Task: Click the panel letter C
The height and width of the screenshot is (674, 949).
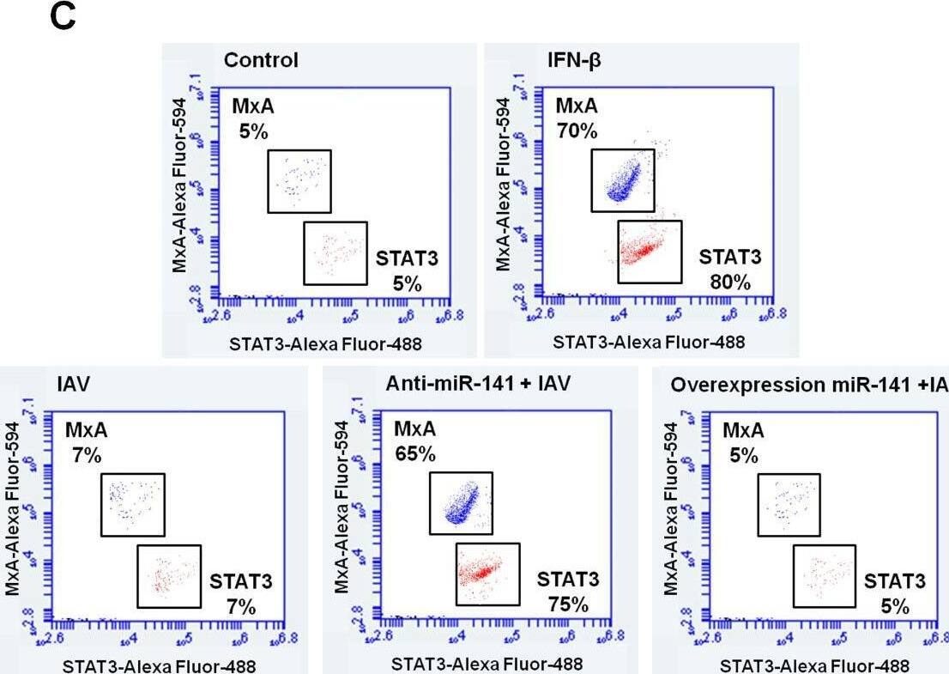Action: pos(63,18)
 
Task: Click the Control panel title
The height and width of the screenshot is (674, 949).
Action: pos(261,60)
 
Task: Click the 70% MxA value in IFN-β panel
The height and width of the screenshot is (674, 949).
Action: pos(577,131)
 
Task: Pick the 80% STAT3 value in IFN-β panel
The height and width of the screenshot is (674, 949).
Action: pos(729,282)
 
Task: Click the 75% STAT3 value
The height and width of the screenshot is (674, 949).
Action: pos(568,604)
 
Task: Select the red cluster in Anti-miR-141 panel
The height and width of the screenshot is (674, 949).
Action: pos(485,572)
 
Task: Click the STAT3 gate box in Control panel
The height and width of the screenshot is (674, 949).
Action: pos(335,252)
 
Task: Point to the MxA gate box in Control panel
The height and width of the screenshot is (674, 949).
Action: pos(299,180)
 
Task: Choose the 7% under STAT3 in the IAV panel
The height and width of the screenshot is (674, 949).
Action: pos(241,607)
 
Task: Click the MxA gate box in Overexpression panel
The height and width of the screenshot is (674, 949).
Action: pos(789,505)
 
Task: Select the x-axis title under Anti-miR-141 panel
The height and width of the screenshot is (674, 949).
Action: pos(487,664)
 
